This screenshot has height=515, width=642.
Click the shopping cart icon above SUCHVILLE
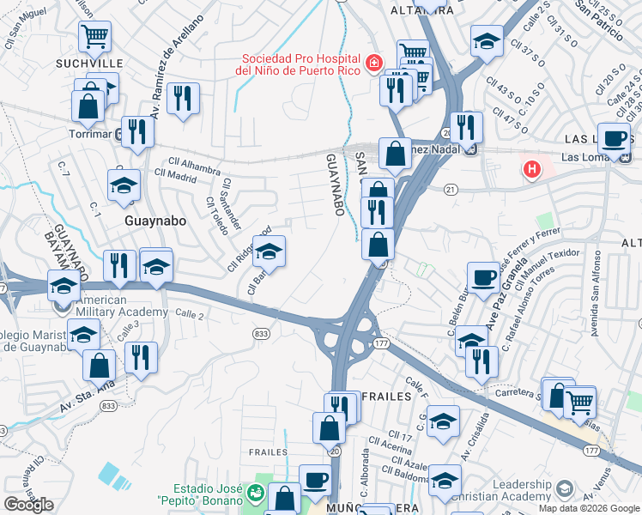[94, 36]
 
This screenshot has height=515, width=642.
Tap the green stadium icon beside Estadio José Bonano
[254, 494]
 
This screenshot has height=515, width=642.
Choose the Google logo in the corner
[28, 505]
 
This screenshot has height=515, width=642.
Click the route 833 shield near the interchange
[262, 333]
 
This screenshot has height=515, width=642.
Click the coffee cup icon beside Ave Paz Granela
[483, 276]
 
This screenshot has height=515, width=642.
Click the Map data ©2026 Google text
[589, 508]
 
